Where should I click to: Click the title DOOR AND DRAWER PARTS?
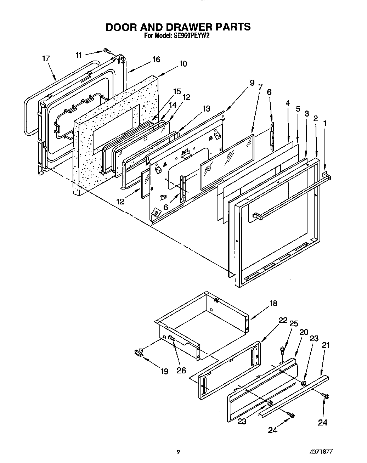tap(178, 27)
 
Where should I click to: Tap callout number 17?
tap(46, 58)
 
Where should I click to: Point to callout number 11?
tap(79, 55)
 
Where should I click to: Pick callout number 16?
tap(156, 60)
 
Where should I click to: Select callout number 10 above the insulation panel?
tap(183, 64)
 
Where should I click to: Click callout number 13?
tap(205, 108)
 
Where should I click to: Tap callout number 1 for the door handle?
tap(324, 123)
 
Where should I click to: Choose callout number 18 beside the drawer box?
tap(273, 303)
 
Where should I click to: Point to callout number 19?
tap(164, 372)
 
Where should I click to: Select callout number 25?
tap(294, 323)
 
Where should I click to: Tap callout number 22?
tap(283, 320)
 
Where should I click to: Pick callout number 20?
tap(304, 332)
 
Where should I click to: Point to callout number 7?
tap(260, 87)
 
